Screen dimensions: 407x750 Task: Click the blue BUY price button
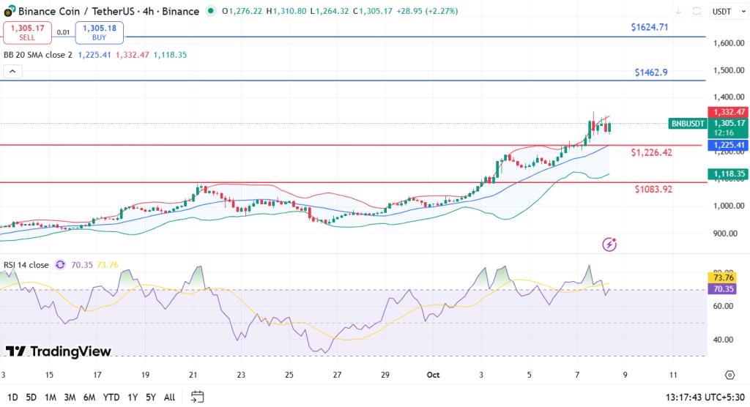point(100,32)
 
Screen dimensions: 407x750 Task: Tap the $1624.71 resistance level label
point(650,27)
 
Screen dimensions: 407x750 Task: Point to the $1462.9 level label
point(651,72)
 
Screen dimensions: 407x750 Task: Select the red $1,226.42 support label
point(651,152)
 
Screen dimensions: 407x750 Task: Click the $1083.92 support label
point(653,189)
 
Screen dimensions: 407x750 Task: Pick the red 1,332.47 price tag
point(727,112)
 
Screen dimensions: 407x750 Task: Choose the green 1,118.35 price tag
point(727,173)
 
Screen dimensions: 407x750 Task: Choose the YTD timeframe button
point(111,397)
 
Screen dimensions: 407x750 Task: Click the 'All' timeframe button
point(169,397)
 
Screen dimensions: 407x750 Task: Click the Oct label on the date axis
point(434,374)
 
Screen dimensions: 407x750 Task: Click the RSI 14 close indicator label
point(27,265)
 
